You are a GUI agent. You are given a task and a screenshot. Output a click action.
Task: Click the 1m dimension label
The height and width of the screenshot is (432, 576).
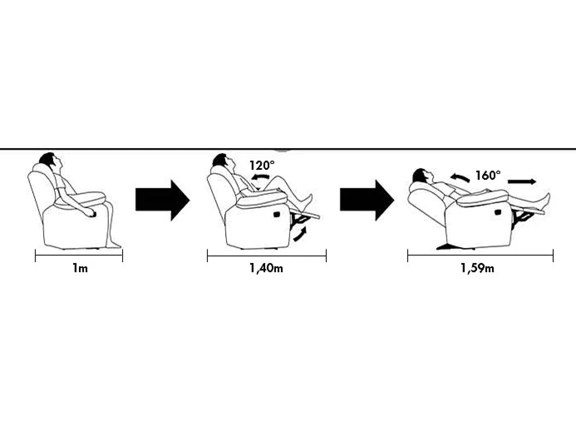click(80, 269)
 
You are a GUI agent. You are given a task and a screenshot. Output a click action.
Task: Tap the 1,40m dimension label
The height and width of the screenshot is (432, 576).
click(266, 269)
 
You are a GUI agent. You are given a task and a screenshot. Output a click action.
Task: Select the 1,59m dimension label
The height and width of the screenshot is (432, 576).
click(477, 269)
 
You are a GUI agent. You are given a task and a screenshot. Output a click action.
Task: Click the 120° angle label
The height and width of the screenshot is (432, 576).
click(262, 165)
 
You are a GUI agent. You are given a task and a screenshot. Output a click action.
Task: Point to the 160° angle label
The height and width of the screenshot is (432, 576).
click(488, 175)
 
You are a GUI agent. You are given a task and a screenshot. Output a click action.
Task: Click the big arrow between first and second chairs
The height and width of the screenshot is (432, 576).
click(163, 200)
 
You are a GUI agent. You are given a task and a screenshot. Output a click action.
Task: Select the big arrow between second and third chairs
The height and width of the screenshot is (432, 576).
click(367, 200)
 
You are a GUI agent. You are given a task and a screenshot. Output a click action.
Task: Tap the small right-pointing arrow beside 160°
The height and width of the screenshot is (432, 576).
click(522, 182)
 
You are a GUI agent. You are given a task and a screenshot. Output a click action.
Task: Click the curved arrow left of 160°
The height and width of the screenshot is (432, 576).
click(460, 178)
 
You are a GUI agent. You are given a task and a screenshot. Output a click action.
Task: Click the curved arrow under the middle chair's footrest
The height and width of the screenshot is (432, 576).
click(301, 234)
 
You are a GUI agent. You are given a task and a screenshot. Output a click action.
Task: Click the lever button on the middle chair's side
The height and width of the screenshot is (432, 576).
click(277, 214)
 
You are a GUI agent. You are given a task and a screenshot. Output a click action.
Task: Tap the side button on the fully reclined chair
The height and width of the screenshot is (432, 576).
click(497, 212)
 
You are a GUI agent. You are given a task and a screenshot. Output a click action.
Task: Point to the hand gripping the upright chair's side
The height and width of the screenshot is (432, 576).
click(90, 212)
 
